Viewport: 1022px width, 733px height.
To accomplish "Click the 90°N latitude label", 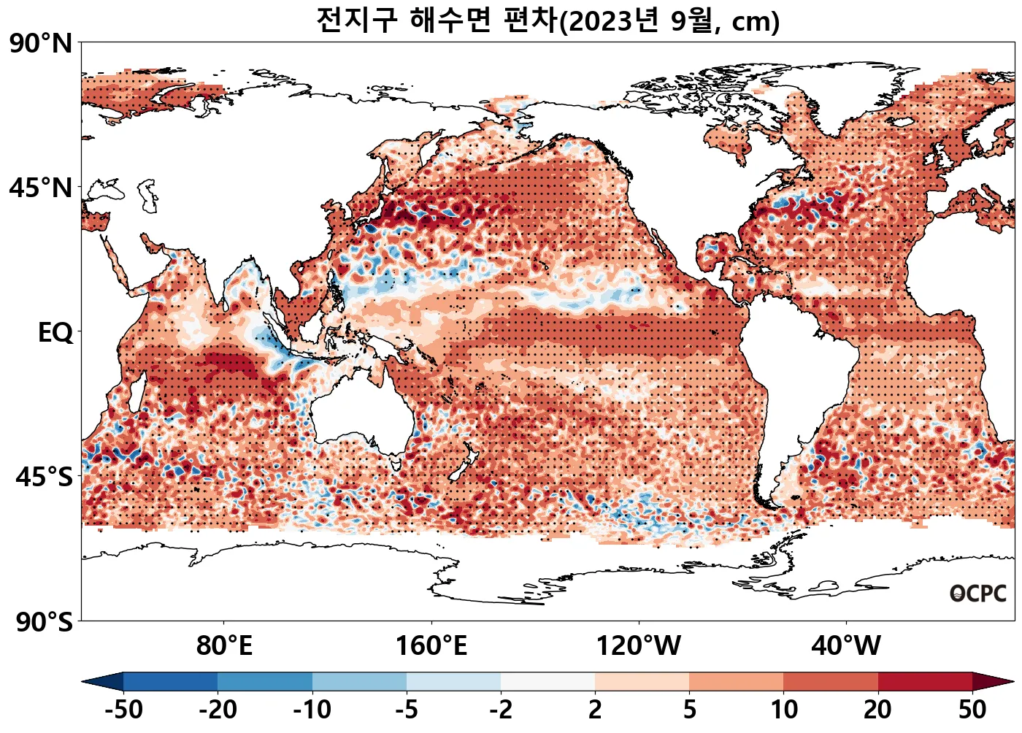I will [41, 44].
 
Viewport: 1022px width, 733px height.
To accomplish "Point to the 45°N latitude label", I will [41, 188].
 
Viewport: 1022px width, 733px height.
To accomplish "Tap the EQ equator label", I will [55, 333].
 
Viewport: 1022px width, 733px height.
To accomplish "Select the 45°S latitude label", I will [44, 477].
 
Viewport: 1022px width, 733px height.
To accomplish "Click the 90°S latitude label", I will [44, 623].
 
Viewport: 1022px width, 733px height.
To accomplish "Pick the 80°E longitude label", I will [224, 646].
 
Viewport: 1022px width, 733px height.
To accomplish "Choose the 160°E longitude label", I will [431, 646].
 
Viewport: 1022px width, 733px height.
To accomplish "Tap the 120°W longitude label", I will [639, 646].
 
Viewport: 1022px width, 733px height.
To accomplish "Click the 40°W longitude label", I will [846, 646].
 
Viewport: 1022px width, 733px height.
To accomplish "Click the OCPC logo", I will [978, 594].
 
